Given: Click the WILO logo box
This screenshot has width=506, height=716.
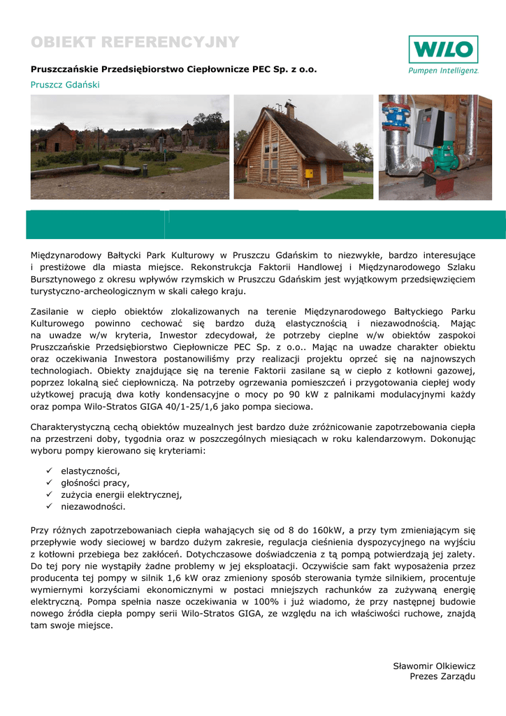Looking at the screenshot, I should pos(443,50).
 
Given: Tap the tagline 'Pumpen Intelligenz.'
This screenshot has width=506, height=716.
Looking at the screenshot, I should pos(443,71).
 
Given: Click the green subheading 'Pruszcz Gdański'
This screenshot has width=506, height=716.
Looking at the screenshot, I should pos(65,85).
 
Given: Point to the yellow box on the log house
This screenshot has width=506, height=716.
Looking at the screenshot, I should pos(308,173).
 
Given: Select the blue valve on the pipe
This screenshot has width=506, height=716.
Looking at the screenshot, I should pos(402,114).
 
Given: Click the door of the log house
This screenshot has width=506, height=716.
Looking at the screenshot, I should pos(323,174).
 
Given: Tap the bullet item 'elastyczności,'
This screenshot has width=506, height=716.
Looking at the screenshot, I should pos(90,471).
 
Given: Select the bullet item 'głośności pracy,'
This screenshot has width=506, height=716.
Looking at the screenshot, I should pos(95,482).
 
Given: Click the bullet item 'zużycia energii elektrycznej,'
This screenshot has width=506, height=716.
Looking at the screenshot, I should pos(121,494).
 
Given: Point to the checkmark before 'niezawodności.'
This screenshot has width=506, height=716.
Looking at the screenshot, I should pos(50,506).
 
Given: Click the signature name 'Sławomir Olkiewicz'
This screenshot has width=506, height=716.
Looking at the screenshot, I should pos(433,666).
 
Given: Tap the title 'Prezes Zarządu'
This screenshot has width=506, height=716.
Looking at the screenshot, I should pos(442,677).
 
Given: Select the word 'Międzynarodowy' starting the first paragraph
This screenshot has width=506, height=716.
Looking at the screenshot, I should pos(64,255).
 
